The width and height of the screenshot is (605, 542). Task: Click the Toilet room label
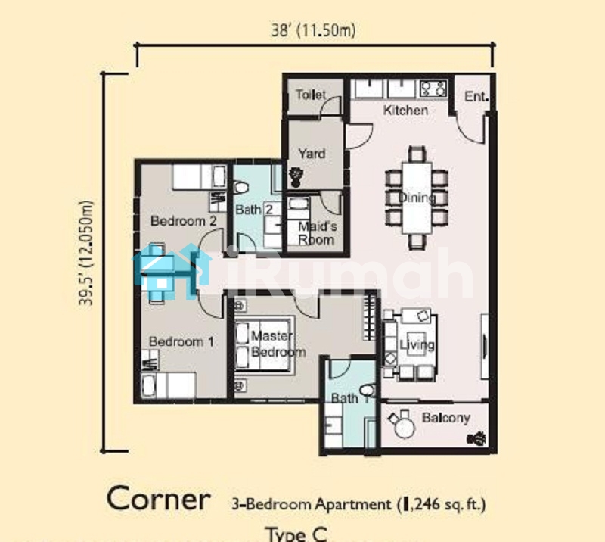[x=311, y=95]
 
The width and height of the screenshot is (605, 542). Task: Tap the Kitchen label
[x=405, y=110]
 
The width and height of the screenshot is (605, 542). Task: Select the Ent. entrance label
[x=476, y=96]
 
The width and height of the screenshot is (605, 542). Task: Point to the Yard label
[x=312, y=154]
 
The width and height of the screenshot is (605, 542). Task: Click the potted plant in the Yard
[x=296, y=176]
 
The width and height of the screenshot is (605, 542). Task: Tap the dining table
[x=417, y=198]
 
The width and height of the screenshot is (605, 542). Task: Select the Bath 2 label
[x=254, y=210]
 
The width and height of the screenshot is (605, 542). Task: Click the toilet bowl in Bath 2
[x=241, y=188]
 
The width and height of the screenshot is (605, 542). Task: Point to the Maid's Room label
[x=316, y=233]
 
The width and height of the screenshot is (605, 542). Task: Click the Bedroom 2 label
[x=183, y=221]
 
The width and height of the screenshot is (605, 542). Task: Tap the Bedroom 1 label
[x=181, y=341]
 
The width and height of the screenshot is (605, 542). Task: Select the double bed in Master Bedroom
[x=264, y=344]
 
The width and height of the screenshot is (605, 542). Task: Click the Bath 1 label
[x=350, y=398]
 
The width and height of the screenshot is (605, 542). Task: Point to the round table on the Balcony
[x=404, y=428]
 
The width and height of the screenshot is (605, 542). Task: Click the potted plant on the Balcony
[x=476, y=438]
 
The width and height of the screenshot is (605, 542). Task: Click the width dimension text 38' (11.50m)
[x=313, y=30]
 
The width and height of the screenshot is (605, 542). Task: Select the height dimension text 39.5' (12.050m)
[x=85, y=253]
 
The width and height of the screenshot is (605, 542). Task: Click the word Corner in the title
[x=159, y=499]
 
